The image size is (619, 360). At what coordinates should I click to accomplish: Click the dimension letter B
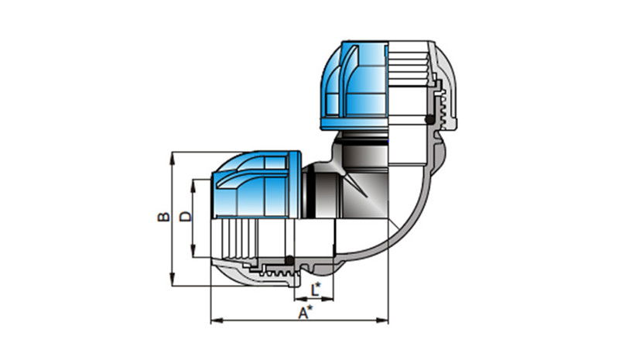point(163,217)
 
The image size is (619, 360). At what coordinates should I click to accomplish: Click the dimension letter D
point(186,217)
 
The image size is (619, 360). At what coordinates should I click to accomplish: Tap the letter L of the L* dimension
point(314,290)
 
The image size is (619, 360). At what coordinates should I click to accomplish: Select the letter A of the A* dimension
point(303,313)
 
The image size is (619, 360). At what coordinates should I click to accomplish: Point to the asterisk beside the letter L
point(318,286)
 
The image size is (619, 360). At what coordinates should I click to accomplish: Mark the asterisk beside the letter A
point(310,308)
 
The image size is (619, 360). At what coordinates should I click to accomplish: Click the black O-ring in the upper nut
point(429,119)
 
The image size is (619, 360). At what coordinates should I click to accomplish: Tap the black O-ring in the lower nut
point(289,260)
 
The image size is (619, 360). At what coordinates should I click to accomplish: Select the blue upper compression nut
point(354,85)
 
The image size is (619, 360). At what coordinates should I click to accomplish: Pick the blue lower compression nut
point(257,184)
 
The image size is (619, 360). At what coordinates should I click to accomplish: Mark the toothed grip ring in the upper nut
point(441,107)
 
